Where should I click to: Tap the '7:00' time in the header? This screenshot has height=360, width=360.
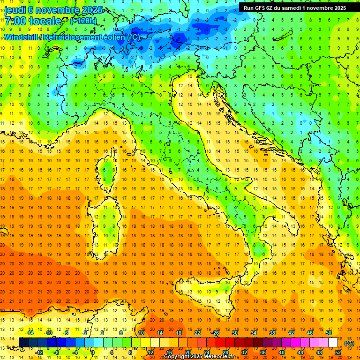15,22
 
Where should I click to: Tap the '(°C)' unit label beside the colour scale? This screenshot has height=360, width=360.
349,343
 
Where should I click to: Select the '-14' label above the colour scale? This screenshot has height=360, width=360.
30,333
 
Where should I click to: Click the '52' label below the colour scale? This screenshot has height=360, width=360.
338,352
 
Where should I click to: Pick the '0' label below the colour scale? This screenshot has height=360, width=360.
93,352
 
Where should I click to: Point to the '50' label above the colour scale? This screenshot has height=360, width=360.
328,333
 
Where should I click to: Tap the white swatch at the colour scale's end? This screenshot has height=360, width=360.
333,343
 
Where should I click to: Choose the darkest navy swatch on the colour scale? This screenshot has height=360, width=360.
23,343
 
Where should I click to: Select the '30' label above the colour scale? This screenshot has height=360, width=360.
234,333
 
